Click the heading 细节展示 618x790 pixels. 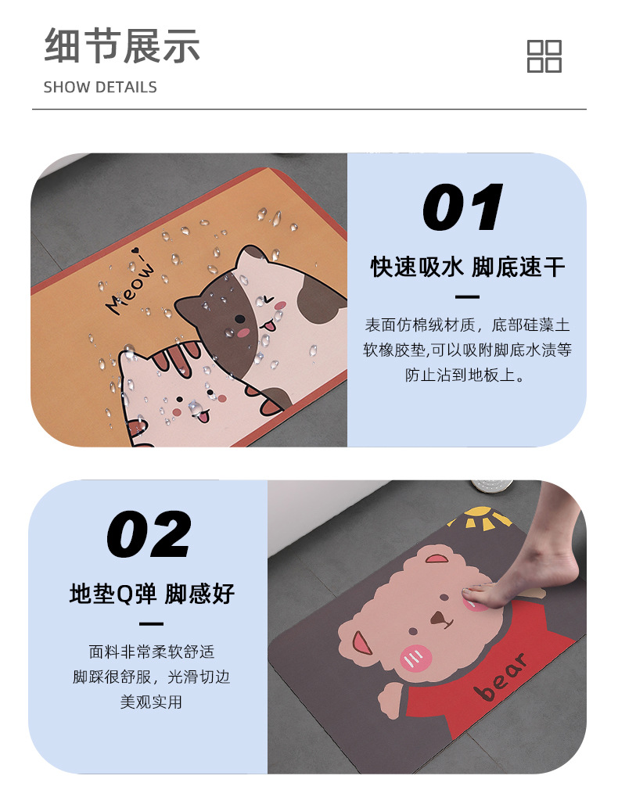tap(122, 45)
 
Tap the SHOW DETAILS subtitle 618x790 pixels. tap(100, 87)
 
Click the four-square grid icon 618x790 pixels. tap(544, 56)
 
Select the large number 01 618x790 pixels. tap(463, 207)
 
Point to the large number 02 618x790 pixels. tap(149, 534)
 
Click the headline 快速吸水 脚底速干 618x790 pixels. tap(467, 268)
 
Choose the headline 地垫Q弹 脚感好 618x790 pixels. tap(152, 594)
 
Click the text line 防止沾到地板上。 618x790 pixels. tap(466, 375)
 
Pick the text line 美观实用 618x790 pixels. tap(151, 702)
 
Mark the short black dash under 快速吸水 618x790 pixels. tap(467, 297)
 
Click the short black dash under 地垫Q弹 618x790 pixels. tap(151, 623)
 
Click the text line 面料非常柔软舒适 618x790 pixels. tap(151, 652)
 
